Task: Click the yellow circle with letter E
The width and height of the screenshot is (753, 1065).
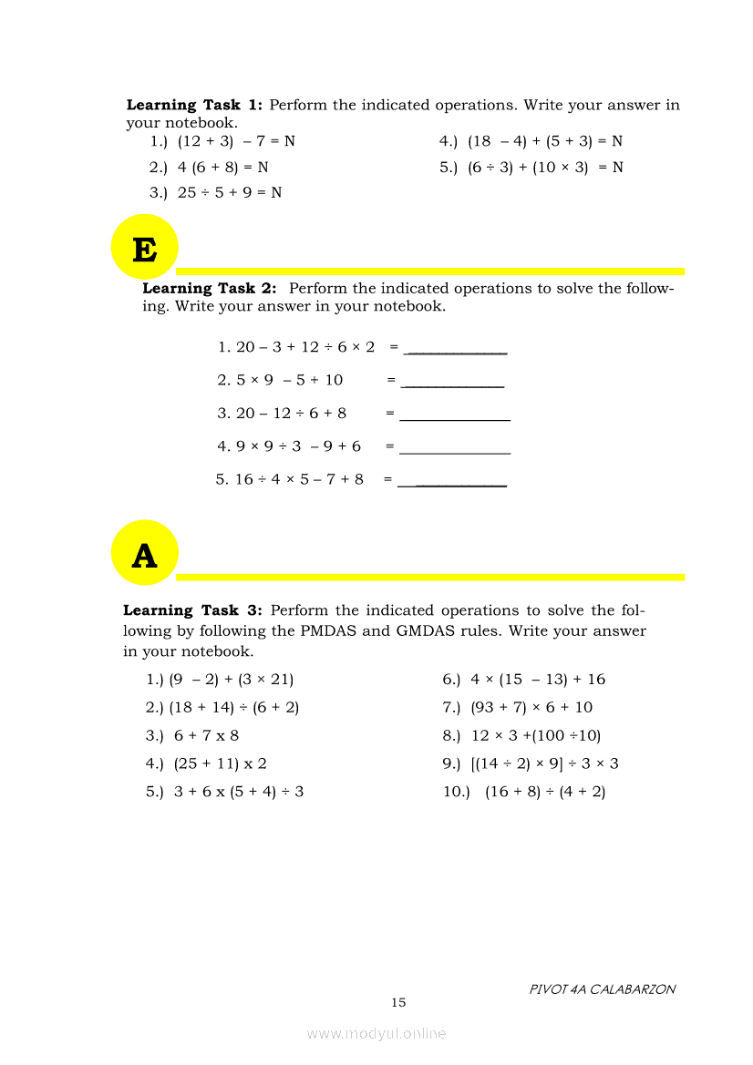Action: pyautogui.click(x=144, y=247)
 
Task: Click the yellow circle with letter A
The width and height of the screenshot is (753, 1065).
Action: pyautogui.click(x=144, y=553)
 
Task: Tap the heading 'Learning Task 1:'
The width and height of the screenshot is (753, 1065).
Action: pyautogui.click(x=194, y=106)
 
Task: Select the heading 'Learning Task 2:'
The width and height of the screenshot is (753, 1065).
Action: pyautogui.click(x=210, y=289)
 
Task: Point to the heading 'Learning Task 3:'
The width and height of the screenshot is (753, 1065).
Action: pyautogui.click(x=193, y=611)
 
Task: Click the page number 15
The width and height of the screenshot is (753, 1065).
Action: pyautogui.click(x=398, y=1003)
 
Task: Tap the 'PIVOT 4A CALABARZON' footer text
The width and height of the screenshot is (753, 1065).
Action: pyautogui.click(x=603, y=989)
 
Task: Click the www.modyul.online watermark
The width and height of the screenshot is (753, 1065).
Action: pyautogui.click(x=376, y=1033)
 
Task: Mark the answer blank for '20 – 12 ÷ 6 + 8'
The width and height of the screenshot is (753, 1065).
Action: pyautogui.click(x=455, y=417)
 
